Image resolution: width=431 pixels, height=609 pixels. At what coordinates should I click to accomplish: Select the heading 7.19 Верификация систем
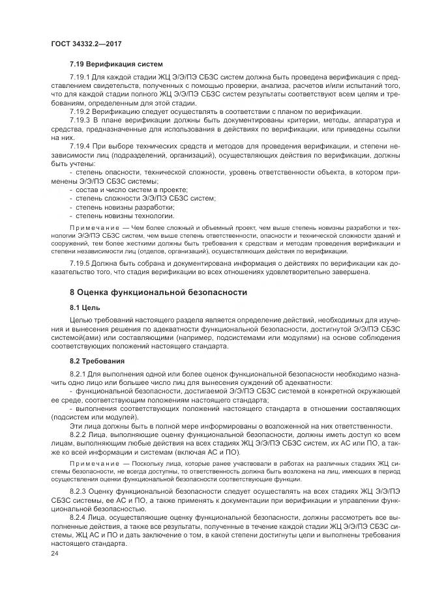coord(116,64)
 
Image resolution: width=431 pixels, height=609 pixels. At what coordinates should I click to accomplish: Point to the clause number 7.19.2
coord(80,111)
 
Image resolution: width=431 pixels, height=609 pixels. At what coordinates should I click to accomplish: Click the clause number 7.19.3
coord(80,120)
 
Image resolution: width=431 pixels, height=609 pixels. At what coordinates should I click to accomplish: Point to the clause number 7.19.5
coord(80,263)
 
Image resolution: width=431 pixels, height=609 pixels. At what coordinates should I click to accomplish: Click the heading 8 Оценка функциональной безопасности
coord(158,292)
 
